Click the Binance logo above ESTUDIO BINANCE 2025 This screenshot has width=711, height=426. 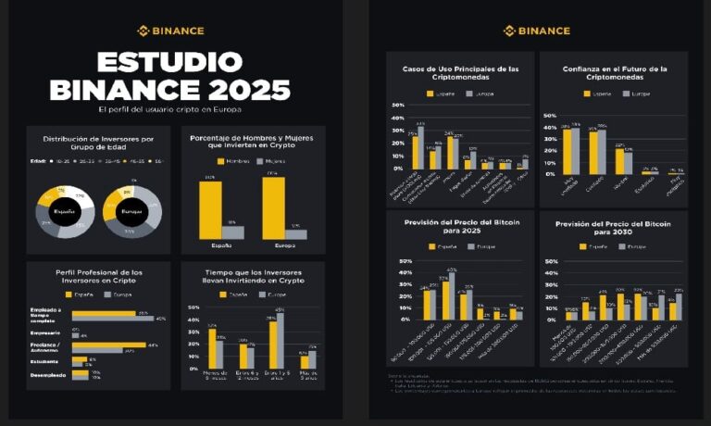tap(170, 31)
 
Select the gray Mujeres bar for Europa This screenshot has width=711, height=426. tap(296, 234)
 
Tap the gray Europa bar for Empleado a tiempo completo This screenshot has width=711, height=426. tap(113, 319)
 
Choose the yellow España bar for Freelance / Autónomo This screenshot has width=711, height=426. tap(108, 345)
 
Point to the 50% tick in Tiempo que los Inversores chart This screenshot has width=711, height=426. tap(193, 307)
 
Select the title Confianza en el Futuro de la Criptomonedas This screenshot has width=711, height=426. tap(614, 74)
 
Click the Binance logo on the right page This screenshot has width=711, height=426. tap(536, 31)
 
